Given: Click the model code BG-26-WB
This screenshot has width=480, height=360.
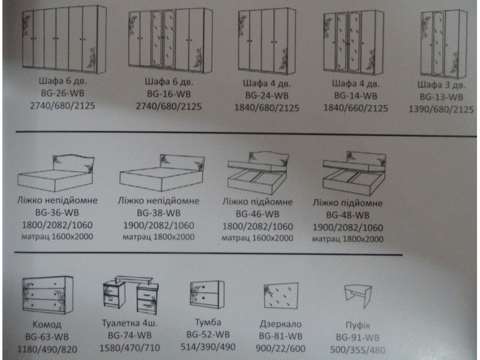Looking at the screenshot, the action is (x=62, y=93).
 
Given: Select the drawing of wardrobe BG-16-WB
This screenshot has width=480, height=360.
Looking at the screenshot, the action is (x=170, y=41).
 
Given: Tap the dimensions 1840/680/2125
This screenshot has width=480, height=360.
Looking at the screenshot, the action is (x=266, y=108).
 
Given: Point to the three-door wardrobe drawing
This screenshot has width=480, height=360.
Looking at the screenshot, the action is (x=444, y=44).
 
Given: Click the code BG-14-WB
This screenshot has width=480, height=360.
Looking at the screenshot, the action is (x=355, y=96).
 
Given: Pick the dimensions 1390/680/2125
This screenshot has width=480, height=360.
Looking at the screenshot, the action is (x=441, y=109).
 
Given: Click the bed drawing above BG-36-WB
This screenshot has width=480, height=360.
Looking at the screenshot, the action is (x=56, y=173).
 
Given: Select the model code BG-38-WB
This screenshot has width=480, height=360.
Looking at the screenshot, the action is (x=158, y=213).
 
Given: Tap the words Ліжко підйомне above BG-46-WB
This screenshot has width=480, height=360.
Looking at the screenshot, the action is (x=257, y=202).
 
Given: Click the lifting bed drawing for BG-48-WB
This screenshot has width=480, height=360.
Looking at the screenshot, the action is (x=354, y=173).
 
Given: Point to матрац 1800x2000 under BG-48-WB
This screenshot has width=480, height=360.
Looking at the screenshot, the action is (x=347, y=239).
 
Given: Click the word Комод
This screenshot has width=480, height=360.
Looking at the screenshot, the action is (x=47, y=324).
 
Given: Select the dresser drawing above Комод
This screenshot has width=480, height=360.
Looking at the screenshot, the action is (x=47, y=295).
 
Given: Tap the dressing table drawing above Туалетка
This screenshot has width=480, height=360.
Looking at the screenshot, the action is (x=131, y=295).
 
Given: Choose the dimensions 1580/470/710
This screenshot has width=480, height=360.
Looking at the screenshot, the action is (x=130, y=348).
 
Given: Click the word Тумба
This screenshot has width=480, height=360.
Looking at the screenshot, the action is (x=208, y=322).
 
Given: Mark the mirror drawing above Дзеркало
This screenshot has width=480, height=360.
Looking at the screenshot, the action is (x=281, y=296).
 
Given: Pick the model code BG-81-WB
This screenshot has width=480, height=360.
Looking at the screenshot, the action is (x=280, y=336).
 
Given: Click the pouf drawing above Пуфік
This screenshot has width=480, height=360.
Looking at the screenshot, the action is (x=358, y=296).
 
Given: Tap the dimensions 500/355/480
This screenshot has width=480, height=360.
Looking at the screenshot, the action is (x=358, y=350).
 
